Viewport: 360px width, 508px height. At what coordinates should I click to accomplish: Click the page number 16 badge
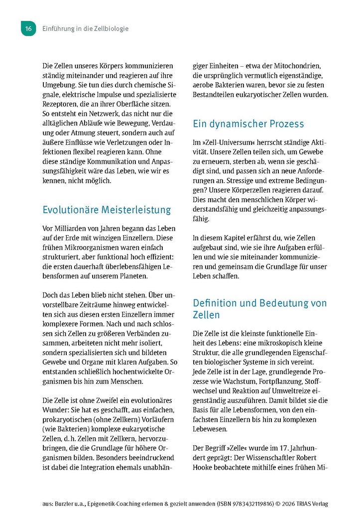pyautogui.click(x=28, y=29)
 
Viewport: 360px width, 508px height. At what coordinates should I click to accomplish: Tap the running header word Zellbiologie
pyautogui.click(x=109, y=29)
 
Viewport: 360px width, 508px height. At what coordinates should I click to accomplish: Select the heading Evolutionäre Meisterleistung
pyautogui.click(x=107, y=210)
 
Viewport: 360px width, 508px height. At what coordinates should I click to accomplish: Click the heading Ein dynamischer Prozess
pyautogui.click(x=248, y=124)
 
